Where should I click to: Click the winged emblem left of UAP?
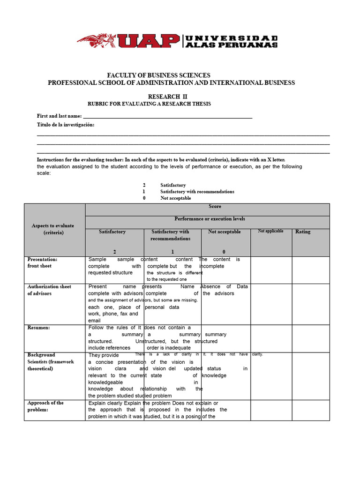pos(97,41)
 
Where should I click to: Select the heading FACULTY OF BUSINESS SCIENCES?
pos(159,75)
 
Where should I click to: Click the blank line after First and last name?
pos(167,116)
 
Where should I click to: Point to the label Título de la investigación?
pos(66,125)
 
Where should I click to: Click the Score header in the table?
pos(215,206)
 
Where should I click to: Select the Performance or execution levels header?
pos(210,219)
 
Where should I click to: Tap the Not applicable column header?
pos(270,232)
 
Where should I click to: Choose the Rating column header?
pos(303,232)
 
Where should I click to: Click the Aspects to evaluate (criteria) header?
pos(53,229)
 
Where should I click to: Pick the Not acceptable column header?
pos(224,232)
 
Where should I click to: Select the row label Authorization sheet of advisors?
pos(49,290)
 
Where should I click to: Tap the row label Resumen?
pos(38,328)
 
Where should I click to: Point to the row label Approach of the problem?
pos(45,406)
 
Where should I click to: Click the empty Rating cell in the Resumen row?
pos(311,337)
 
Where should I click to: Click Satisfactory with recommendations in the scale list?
pos(197,192)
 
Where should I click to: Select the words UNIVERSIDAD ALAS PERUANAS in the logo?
pos(232,41)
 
